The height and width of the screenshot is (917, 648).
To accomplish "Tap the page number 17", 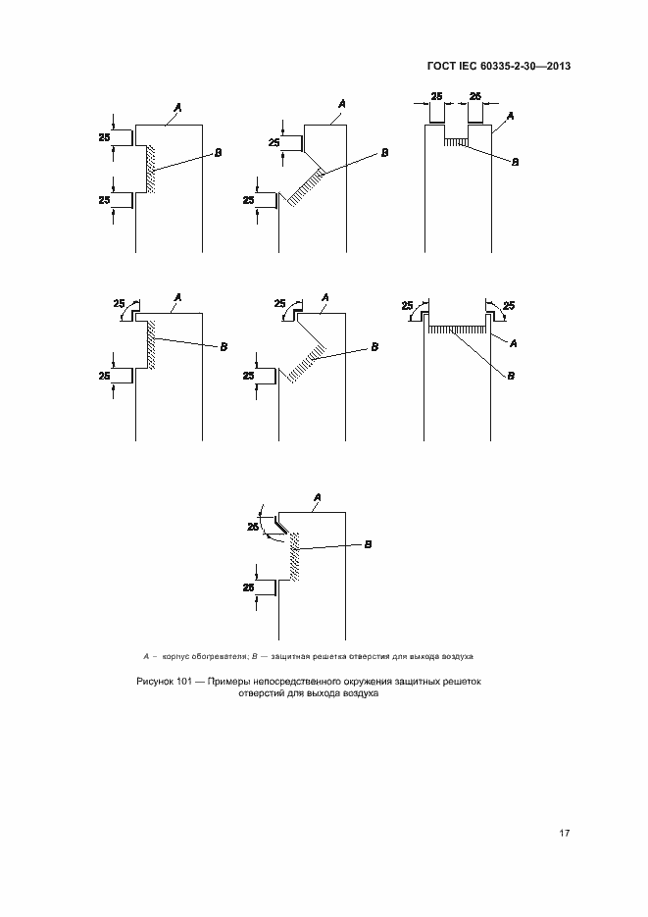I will tap(565, 834).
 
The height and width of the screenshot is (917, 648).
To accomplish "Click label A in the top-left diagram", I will tap(177, 105).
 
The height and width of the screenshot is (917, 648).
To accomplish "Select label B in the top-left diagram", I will tap(218, 153).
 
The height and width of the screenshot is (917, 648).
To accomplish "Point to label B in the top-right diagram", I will tap(516, 163).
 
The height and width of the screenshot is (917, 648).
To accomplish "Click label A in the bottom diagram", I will tap(316, 498).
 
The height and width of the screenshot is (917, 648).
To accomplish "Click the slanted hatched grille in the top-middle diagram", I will tap(310, 183).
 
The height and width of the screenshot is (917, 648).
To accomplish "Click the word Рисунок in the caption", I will tap(153, 681).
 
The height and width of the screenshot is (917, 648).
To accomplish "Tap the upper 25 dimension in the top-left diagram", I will tap(104, 138).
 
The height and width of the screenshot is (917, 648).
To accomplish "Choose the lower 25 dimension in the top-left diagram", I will tap(104, 200).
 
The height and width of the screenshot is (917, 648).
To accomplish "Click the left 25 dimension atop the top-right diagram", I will tap(436, 96).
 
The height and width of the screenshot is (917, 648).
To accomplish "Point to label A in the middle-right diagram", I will tap(515, 341).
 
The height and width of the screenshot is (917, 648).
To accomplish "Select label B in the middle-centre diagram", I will tap(374, 346).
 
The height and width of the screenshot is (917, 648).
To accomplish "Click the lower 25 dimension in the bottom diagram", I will tap(250, 587).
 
